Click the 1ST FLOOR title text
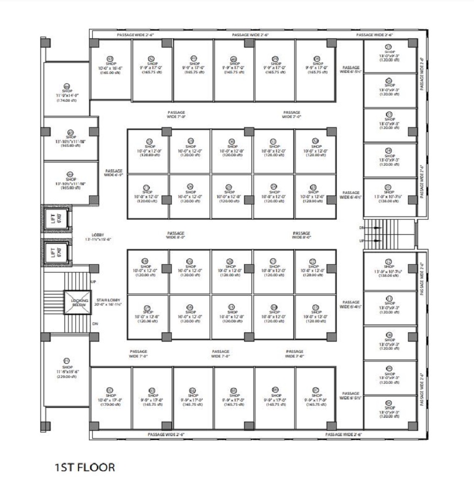84,467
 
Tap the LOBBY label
98,234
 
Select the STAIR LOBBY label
109,300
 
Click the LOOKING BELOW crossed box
79,302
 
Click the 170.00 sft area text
110,404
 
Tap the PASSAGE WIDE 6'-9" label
113,173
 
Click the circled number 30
233,141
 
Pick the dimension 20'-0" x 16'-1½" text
109,304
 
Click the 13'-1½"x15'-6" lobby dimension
97,239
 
